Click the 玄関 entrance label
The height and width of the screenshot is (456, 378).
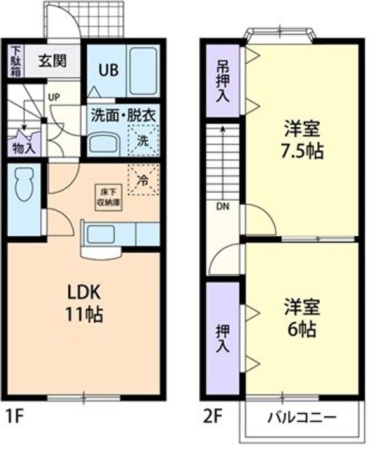click(51, 62)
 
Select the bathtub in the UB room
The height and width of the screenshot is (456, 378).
click(140, 71)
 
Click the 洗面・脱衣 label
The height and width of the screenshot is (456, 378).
click(123, 116)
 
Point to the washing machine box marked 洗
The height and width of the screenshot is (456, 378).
click(143, 140)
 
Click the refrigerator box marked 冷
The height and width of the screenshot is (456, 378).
click(143, 179)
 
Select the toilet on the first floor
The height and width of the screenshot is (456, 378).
click(23, 186)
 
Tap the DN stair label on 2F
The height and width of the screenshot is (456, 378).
click(223, 206)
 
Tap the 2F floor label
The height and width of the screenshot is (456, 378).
click(213, 419)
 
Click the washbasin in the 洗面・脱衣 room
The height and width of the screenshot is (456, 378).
click(103, 143)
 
